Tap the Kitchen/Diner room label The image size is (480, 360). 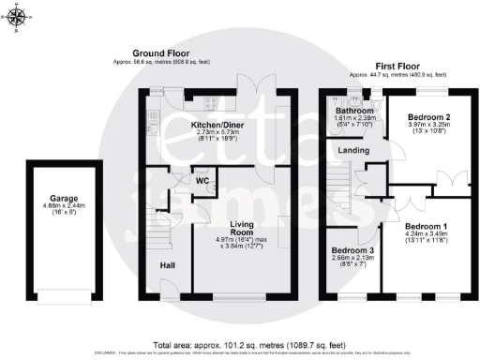click(217, 124)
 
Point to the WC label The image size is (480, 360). click(202, 179)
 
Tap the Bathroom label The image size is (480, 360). click(356, 111)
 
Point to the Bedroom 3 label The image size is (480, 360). click(352, 250)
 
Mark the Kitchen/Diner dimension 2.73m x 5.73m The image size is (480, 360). click(217, 133)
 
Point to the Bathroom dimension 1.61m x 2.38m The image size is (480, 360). click(356, 119)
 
